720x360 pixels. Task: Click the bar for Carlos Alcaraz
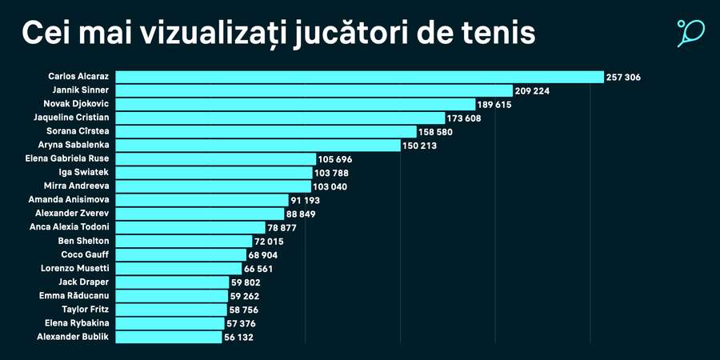(359, 77)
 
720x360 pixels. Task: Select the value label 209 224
(532, 91)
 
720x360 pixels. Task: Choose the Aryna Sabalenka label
(74, 145)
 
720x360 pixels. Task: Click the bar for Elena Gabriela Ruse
(214, 158)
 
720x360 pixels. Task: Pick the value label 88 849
(304, 214)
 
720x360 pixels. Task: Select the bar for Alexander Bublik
(169, 337)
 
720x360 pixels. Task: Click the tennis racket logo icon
(690, 33)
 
